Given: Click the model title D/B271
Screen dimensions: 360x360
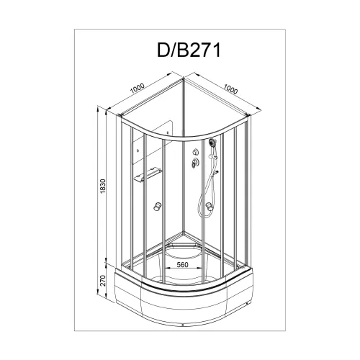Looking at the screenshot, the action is point(189,50).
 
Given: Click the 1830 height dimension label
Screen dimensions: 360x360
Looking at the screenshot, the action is point(103,186).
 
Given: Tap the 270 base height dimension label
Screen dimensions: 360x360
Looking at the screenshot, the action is point(103,280).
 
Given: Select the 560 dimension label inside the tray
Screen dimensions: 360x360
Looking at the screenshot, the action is point(182,264).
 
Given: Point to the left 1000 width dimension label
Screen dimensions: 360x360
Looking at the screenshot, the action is point(138,89).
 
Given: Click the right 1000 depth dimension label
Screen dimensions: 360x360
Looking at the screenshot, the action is point(230,89).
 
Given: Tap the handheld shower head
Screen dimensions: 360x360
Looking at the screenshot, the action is point(212,143).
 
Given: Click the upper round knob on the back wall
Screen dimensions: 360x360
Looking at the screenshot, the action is point(195,152).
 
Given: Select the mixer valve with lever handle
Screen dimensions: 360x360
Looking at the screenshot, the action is point(194,162).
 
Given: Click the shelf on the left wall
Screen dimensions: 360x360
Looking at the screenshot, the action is point(148,174).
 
